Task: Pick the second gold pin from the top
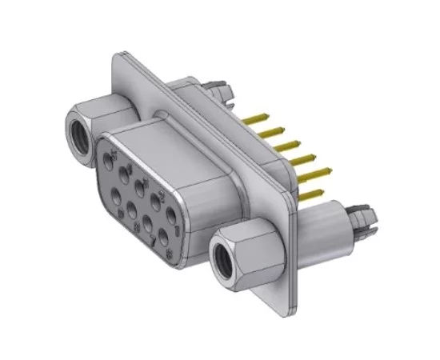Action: click(275, 130)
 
